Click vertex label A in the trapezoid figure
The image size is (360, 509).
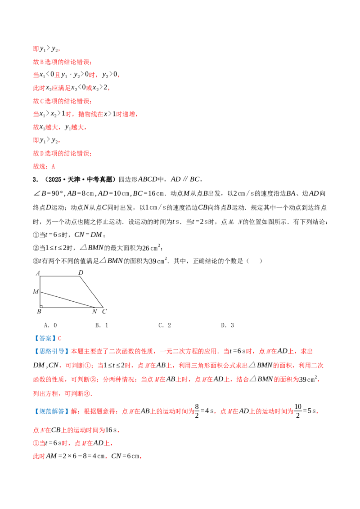tap(38, 273)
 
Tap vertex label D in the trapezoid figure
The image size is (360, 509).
tap(81, 272)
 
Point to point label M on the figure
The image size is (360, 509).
tap(36, 292)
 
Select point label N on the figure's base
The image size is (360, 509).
tap(94, 312)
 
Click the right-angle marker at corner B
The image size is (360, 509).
tap(41, 306)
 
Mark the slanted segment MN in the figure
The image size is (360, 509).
tap(67, 299)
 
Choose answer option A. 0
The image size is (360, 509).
tap(50, 325)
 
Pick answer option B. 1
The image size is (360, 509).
tap(102, 325)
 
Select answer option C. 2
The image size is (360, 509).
tap(165, 325)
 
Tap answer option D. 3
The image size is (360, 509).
tap(227, 325)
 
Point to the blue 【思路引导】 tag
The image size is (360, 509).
tap(51, 351)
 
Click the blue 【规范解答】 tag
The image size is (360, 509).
tap(51, 411)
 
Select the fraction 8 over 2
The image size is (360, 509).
tap(197, 411)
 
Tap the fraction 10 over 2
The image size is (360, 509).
tap(298, 411)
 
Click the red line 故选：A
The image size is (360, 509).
tap(44, 166)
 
